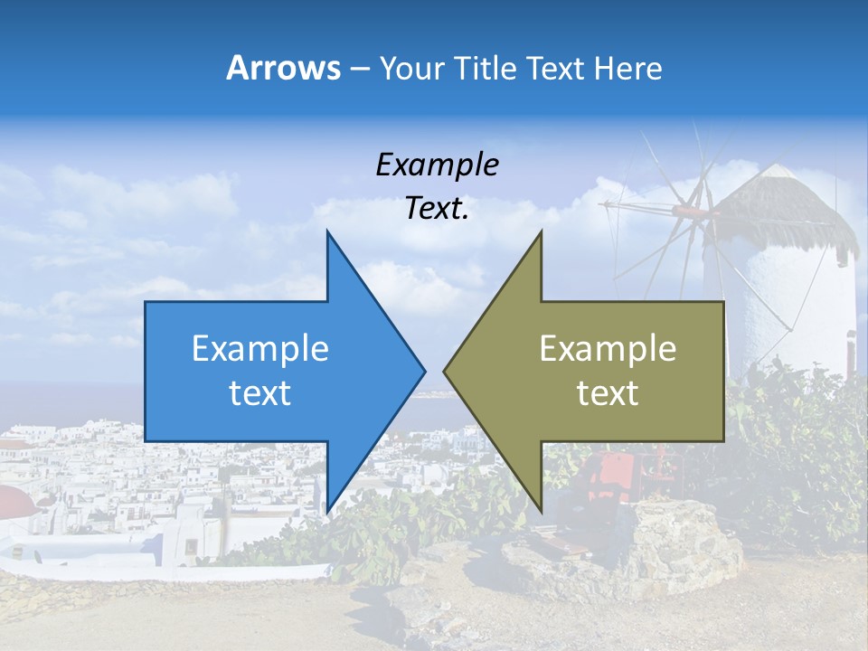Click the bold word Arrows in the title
(283, 68)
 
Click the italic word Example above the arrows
(437, 165)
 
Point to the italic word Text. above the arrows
(437, 209)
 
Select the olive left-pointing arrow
(597, 371)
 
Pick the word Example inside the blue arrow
(259, 348)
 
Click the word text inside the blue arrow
(259, 392)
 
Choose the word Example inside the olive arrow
(608, 348)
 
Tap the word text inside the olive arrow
(608, 392)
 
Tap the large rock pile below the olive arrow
(669, 542)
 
